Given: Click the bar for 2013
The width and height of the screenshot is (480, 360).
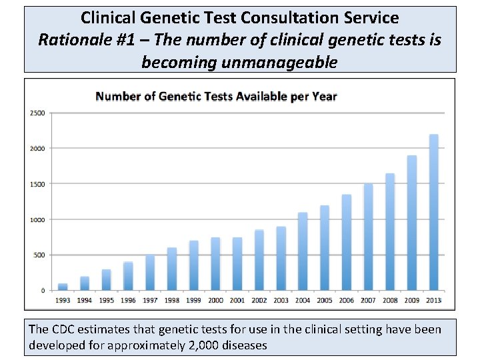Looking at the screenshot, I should pyautogui.click(x=433, y=213).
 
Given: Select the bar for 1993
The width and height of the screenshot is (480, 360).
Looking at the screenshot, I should pyautogui.click(x=63, y=287).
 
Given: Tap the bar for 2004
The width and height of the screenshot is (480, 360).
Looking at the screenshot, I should pyautogui.click(x=303, y=251).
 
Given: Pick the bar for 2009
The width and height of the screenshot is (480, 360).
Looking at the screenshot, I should pyautogui.click(x=411, y=223).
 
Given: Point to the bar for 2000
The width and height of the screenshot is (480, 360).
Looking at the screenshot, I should pyautogui.click(x=215, y=264).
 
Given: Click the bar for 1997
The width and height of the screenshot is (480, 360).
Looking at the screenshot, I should pyautogui.click(x=150, y=273).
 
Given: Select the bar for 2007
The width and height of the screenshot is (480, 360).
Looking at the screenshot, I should pyautogui.click(x=368, y=237).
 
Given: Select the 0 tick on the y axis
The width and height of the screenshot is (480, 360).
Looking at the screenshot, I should pyautogui.click(x=43, y=291).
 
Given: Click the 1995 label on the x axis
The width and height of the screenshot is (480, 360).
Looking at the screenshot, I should pyautogui.click(x=106, y=301).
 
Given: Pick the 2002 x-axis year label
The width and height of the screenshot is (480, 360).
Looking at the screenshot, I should pyautogui.click(x=259, y=301).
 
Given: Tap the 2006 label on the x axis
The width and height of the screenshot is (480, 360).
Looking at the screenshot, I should pyautogui.click(x=346, y=301).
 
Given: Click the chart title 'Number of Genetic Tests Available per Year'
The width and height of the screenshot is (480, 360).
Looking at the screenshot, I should pyautogui.click(x=216, y=96).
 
